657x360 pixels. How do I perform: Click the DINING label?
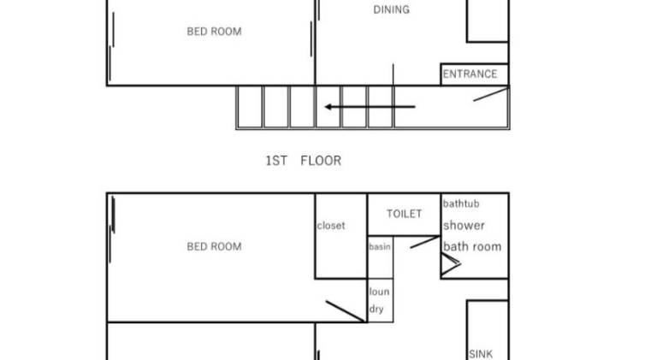pos(391,9)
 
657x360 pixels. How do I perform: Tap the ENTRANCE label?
pos(470,74)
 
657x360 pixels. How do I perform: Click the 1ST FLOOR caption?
pos(304,161)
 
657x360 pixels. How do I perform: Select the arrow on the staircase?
pos(370,107)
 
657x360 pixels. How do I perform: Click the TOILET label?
pos(404,214)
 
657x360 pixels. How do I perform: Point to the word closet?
pos(331,226)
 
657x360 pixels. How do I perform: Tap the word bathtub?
pos(461,204)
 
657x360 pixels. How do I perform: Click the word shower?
pos(464,226)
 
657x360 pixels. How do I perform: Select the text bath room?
pos(472,246)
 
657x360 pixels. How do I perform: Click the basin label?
pos(380,247)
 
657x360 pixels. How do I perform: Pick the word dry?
pos(376,310)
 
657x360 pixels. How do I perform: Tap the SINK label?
pos(481,354)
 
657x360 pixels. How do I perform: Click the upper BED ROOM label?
pos(214,32)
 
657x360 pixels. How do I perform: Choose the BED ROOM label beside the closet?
pos(214,246)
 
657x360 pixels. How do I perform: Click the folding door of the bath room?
pos(452,263)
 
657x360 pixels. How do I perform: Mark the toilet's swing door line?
pos(424,242)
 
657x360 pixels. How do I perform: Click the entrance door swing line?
pos(491,94)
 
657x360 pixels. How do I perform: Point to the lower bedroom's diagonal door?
pos(346,311)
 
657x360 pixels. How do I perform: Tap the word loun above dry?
pos(379,292)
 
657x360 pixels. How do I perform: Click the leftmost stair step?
pos(250,107)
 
